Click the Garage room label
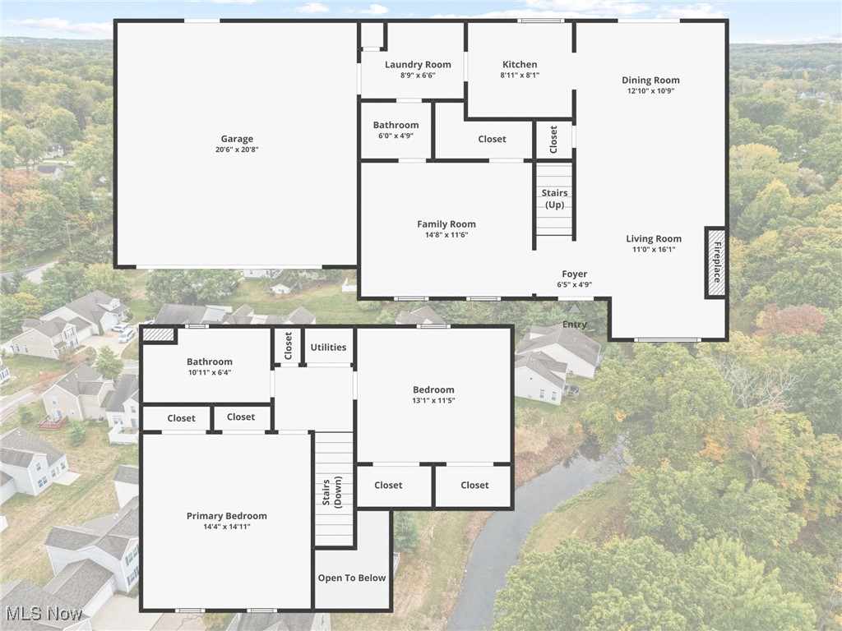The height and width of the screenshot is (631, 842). pyautogui.click(x=237, y=139)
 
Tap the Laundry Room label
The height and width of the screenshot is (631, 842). pyautogui.click(x=418, y=65)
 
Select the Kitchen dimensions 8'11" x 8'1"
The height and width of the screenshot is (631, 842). pyautogui.click(x=520, y=75)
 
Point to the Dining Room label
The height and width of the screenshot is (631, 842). pyautogui.click(x=650, y=81)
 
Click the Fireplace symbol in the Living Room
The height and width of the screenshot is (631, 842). pyautogui.click(x=716, y=262)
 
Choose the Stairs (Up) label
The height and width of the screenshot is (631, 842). pyautogui.click(x=555, y=199)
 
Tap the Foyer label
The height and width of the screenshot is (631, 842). pyautogui.click(x=575, y=274)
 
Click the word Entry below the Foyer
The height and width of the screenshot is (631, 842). pyautogui.click(x=575, y=325)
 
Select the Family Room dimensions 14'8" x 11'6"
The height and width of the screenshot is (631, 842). pyautogui.click(x=446, y=235)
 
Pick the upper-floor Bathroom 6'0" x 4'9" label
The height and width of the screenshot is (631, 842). pyautogui.click(x=396, y=126)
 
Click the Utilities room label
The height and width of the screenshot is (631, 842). pyautogui.click(x=328, y=348)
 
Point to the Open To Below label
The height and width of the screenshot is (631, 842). pyautogui.click(x=352, y=578)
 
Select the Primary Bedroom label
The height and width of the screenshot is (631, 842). pyautogui.click(x=227, y=516)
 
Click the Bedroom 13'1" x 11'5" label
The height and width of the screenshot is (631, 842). pyautogui.click(x=433, y=390)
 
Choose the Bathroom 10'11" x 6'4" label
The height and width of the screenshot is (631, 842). pyautogui.click(x=210, y=362)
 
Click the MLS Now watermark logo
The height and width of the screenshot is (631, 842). pyautogui.click(x=43, y=614)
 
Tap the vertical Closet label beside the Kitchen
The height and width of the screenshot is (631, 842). pyautogui.click(x=553, y=140)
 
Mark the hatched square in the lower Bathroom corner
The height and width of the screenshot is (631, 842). pyautogui.click(x=159, y=335)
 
